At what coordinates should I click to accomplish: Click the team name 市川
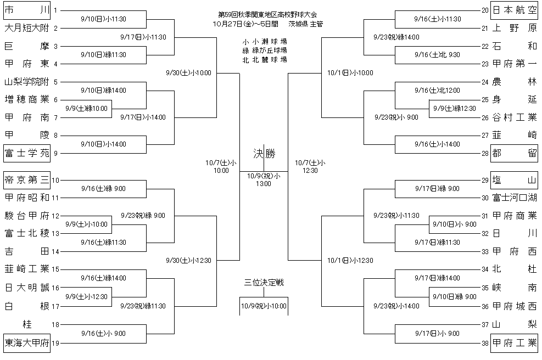pos(26,10)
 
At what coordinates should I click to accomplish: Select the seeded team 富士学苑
pos(26,153)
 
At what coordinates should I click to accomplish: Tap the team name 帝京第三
pos(26,179)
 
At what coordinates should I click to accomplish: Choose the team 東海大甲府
pos(26,344)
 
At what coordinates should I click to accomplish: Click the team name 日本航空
pos(514,10)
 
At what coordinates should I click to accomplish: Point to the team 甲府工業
pos(514,344)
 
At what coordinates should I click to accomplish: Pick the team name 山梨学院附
pos(26,82)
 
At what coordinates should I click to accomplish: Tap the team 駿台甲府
pos(26,215)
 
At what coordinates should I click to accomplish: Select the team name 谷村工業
pos(514,117)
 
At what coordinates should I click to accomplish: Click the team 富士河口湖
pos(514,198)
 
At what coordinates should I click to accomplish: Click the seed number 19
pos(55,344)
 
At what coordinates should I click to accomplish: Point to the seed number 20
pos(484,10)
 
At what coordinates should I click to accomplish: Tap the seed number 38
pos(484,344)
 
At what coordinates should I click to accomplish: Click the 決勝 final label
pos(264,153)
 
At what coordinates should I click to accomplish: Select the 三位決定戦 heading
pos(264,283)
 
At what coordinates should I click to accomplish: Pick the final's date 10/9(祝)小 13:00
pos(264,179)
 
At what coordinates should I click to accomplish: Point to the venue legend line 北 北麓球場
pos(264,59)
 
